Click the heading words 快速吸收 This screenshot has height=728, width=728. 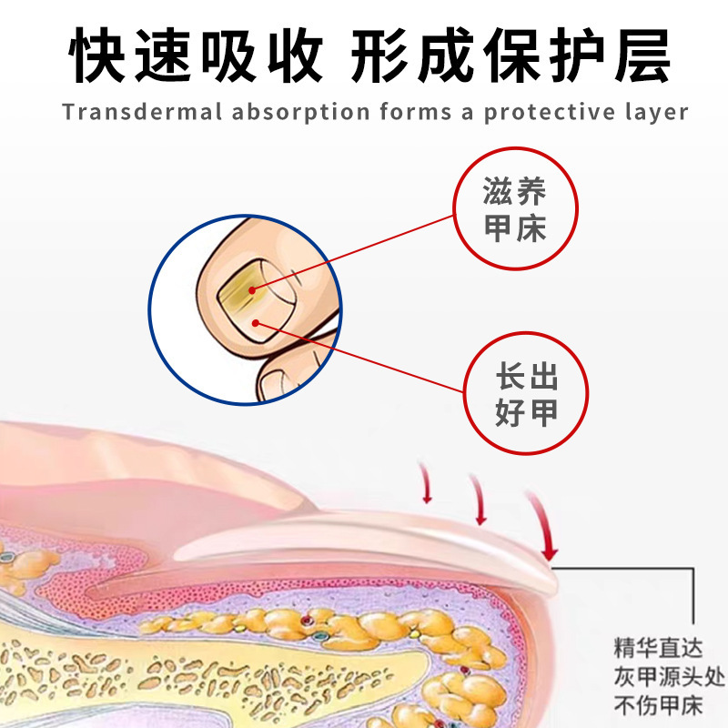197,56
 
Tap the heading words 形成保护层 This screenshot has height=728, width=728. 511,56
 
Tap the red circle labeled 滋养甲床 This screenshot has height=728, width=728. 515,209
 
